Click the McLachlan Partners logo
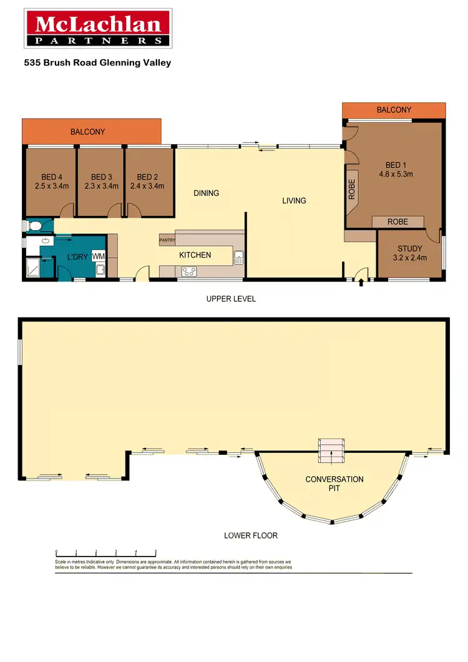98,29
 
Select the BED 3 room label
101,177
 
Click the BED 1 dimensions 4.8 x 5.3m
396,175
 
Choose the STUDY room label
410,249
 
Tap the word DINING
206,193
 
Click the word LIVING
294,201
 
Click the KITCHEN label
195,255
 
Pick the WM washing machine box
98,256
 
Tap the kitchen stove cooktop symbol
188,271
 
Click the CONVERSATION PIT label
334,484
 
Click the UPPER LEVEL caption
231,299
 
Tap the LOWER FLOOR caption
250,535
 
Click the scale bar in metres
106,552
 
